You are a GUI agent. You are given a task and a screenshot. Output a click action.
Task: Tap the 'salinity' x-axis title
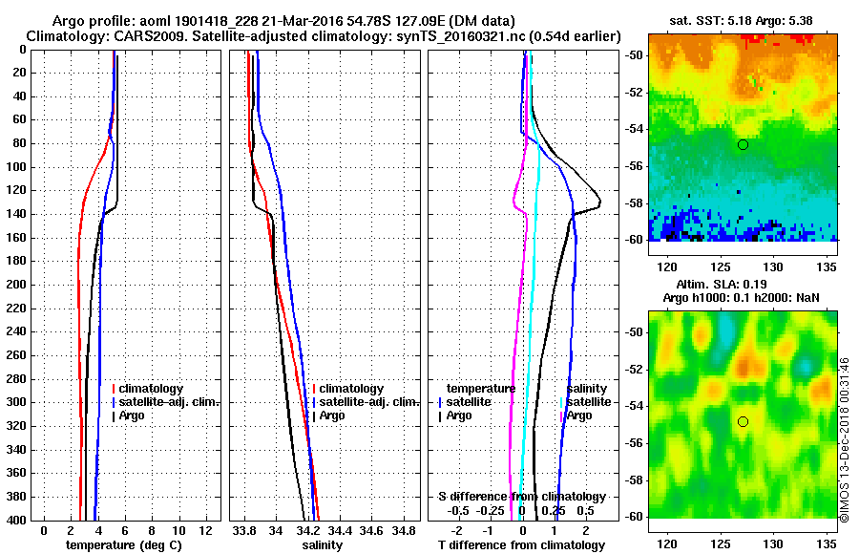coord(322,544)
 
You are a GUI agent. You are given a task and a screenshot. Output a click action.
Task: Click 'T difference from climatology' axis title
coord(521,544)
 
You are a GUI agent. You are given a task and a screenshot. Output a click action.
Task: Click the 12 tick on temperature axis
coord(204,530)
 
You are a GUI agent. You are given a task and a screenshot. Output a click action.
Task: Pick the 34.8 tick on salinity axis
coord(405,530)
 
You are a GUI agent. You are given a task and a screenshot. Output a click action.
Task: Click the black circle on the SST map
coord(743,144)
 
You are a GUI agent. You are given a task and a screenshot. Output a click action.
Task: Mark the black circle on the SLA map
coord(743,421)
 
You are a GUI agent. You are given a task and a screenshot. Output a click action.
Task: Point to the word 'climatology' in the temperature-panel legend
coord(154,389)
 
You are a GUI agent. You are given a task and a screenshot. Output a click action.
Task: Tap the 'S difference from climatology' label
coord(521,497)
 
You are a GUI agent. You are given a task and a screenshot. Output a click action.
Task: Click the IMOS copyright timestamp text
coord(845,439)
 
